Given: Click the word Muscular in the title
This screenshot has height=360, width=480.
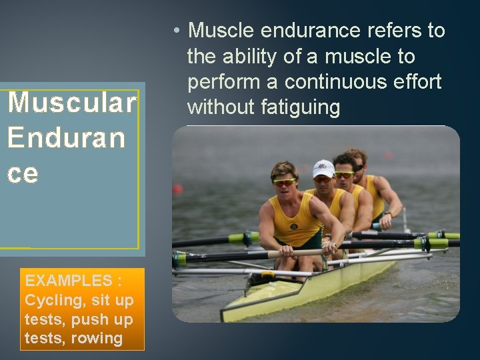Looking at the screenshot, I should pos(72,103).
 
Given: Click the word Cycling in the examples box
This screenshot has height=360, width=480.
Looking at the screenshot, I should pos(51,300).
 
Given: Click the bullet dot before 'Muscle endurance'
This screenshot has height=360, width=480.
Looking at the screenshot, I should pos(175,31).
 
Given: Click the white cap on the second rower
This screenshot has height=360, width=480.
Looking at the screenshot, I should pos(323,168).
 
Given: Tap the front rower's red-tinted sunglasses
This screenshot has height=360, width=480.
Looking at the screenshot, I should pos(285,182).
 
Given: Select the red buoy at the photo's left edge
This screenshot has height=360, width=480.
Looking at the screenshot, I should pos(178,189).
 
